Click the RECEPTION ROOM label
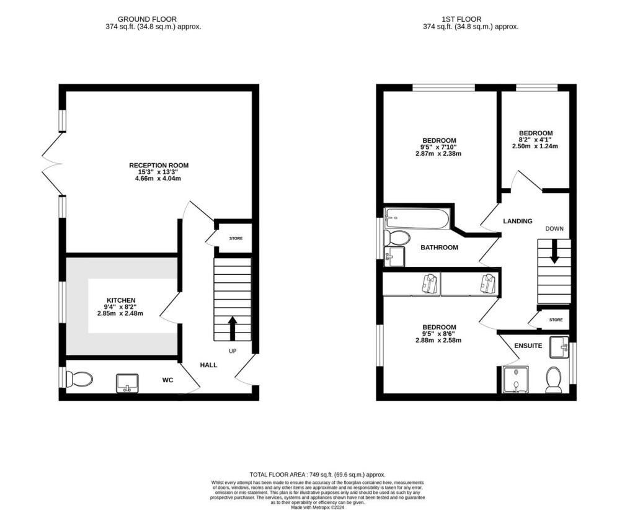tap(159, 165)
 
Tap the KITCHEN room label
tap(120, 300)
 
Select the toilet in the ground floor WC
tap(79, 378)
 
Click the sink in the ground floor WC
tap(127, 383)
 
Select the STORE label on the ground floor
tap(236, 238)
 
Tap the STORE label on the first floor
tap(556, 320)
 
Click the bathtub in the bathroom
tap(414, 217)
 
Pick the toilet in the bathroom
tap(397, 238)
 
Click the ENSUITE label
tap(528, 346)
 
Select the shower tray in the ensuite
tap(515, 380)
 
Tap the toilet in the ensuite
tap(553, 379)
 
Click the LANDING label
tap(517, 221)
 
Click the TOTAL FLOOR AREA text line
tap(317, 473)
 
